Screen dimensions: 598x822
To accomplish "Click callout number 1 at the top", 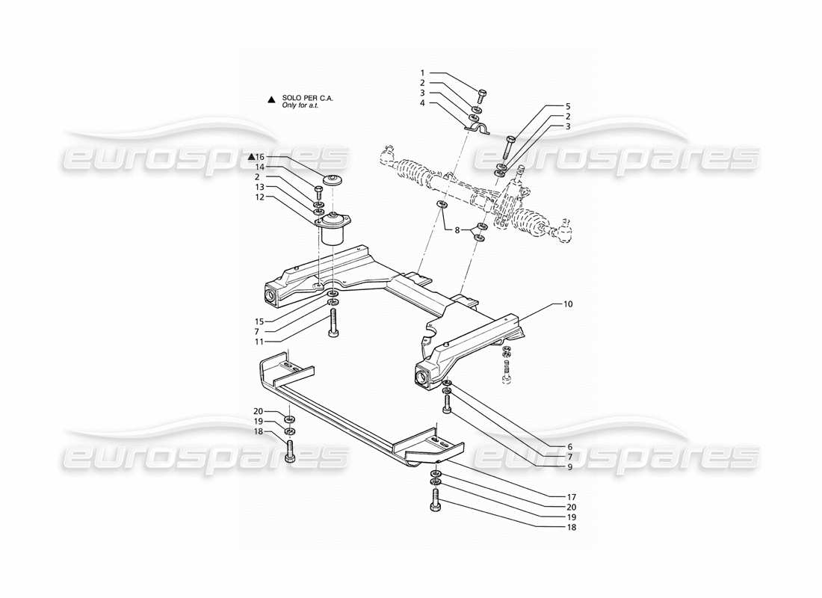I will point(422,73).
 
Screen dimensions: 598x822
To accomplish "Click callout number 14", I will point(261,167).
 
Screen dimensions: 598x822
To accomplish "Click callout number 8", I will point(457,230).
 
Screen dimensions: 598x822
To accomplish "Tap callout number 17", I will point(571,496).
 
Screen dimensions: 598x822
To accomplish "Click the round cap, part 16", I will point(330,180).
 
